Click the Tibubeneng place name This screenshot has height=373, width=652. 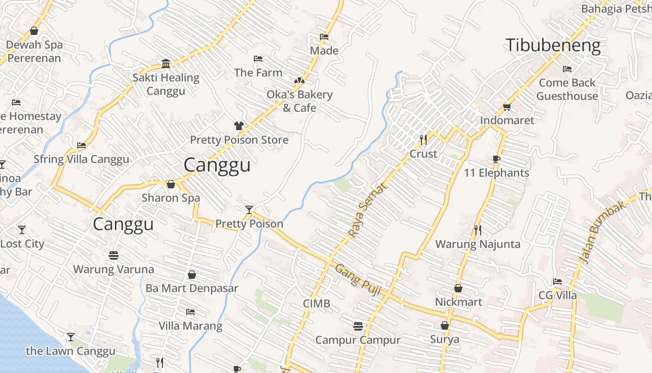tap(553, 45)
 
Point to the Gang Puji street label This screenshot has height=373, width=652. tap(358, 280)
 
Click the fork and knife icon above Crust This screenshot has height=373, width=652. tap(423, 139)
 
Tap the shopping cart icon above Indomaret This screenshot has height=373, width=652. tap(507, 107)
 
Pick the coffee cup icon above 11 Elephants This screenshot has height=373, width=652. tap(496, 159)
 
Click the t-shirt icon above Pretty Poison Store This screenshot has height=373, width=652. tap(239, 125)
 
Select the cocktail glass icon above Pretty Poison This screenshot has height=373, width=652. tap(249, 209)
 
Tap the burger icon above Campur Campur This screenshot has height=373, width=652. tap(358, 326)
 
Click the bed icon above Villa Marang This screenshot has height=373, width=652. tap(190, 311)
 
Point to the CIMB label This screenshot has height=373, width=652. tap(317, 304)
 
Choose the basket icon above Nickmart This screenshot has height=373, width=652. tap(458, 288)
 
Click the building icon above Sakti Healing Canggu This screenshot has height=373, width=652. tap(166, 63)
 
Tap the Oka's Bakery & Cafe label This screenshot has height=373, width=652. tap(299, 101)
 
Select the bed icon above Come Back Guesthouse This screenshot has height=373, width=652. tap(567, 69)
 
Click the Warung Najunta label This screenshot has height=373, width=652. tap(478, 244)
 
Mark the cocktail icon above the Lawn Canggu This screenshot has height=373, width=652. tap(71, 337)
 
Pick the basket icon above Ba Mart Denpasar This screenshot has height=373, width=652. tap(191, 275)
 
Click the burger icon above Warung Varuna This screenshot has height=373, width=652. tap(114, 255)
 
